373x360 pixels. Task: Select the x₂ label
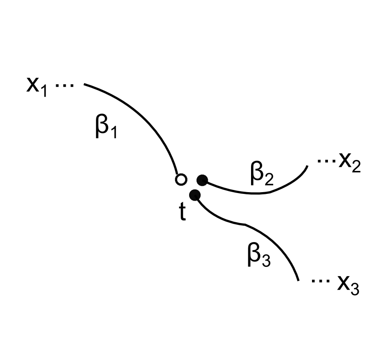click(350, 164)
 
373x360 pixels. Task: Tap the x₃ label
click(348, 285)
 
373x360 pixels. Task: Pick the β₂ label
click(262, 175)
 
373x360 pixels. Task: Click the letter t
click(182, 213)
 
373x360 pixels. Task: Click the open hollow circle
click(181, 180)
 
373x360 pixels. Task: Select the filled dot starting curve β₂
click(202, 180)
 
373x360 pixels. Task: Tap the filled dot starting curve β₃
click(194, 195)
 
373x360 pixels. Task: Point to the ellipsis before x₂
click(326, 162)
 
